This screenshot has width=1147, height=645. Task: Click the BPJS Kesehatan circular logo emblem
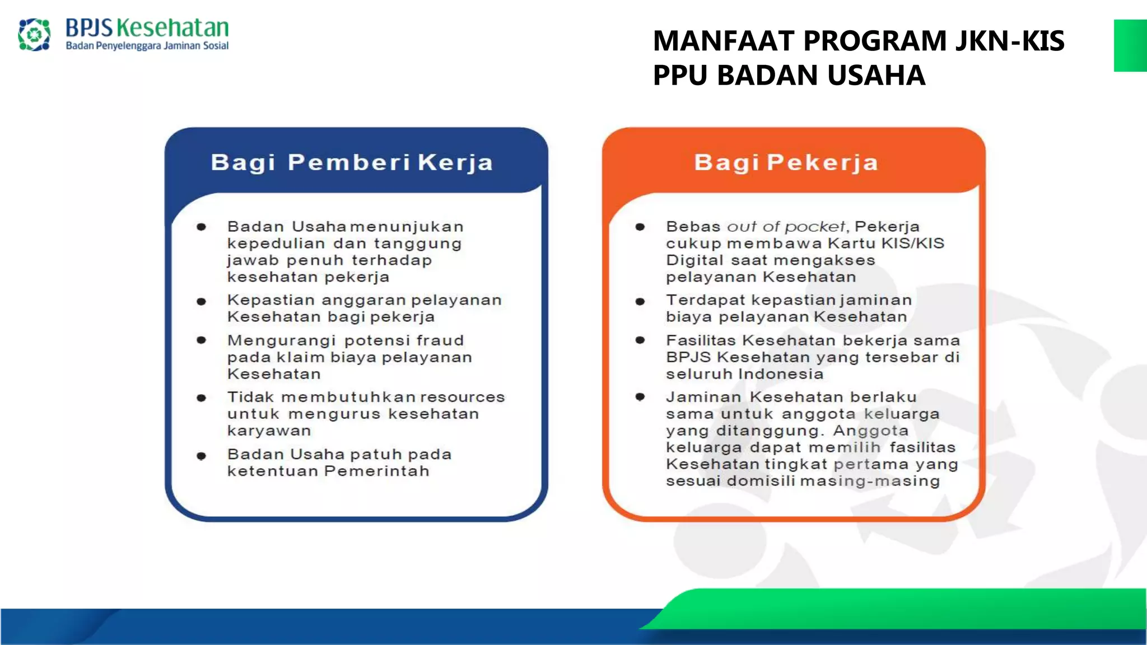[x=34, y=35]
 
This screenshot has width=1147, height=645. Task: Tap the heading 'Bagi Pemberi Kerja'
[x=352, y=162]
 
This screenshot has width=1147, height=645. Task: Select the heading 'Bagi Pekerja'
[x=786, y=162]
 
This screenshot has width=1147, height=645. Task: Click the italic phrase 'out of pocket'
[x=786, y=227]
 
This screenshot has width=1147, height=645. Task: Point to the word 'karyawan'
[x=269, y=431]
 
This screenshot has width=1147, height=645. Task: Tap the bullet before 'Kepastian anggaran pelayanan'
[x=202, y=301]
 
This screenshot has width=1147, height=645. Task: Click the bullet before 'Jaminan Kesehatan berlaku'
[x=640, y=397]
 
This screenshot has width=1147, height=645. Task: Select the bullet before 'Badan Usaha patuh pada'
[x=202, y=456]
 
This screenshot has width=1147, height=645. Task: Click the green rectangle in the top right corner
[x=1130, y=45]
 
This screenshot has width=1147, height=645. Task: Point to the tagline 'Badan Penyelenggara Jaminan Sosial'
[x=147, y=46]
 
